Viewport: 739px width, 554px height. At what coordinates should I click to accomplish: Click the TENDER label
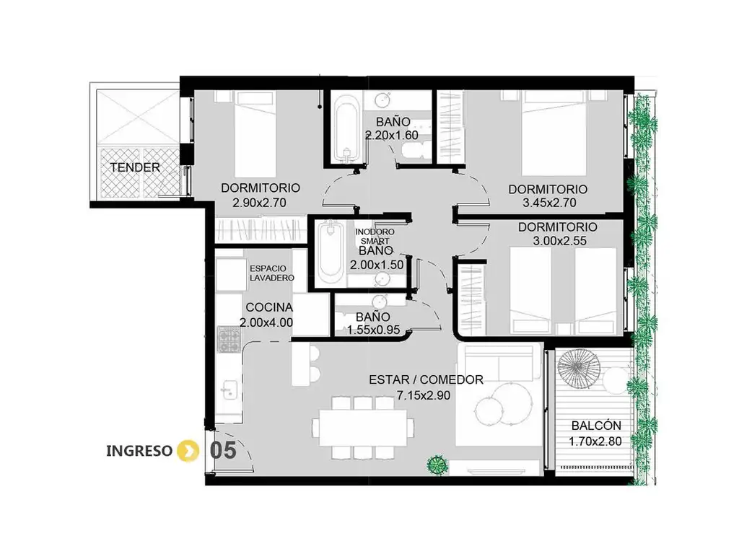click(135, 167)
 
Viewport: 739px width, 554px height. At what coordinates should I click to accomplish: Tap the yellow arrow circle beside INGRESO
click(188, 450)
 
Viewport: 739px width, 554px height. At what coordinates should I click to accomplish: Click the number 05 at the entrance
click(223, 450)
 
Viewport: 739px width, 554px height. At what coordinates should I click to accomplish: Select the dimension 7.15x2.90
click(423, 395)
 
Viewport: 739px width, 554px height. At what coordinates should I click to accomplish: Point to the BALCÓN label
click(596, 426)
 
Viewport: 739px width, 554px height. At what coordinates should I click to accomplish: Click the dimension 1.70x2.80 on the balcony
click(595, 441)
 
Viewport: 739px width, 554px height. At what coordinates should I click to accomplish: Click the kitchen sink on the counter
click(229, 389)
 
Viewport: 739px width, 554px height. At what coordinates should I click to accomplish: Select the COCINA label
click(269, 307)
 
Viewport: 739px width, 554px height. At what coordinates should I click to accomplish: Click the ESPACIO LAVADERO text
click(272, 273)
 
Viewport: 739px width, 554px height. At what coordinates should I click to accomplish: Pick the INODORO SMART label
click(375, 237)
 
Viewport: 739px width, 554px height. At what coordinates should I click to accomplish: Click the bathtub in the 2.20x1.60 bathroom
click(346, 128)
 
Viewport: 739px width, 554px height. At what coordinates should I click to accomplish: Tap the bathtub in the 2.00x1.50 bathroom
click(331, 253)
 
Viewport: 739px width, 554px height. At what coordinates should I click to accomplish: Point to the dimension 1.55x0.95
click(373, 330)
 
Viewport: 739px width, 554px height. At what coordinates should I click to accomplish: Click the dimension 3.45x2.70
click(549, 203)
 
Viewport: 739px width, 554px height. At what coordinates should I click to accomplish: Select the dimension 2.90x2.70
click(259, 203)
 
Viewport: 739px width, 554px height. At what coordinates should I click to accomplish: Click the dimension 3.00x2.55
click(559, 241)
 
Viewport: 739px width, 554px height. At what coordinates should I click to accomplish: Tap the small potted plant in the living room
click(437, 465)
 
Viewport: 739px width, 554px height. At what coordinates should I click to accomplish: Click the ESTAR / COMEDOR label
click(426, 379)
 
